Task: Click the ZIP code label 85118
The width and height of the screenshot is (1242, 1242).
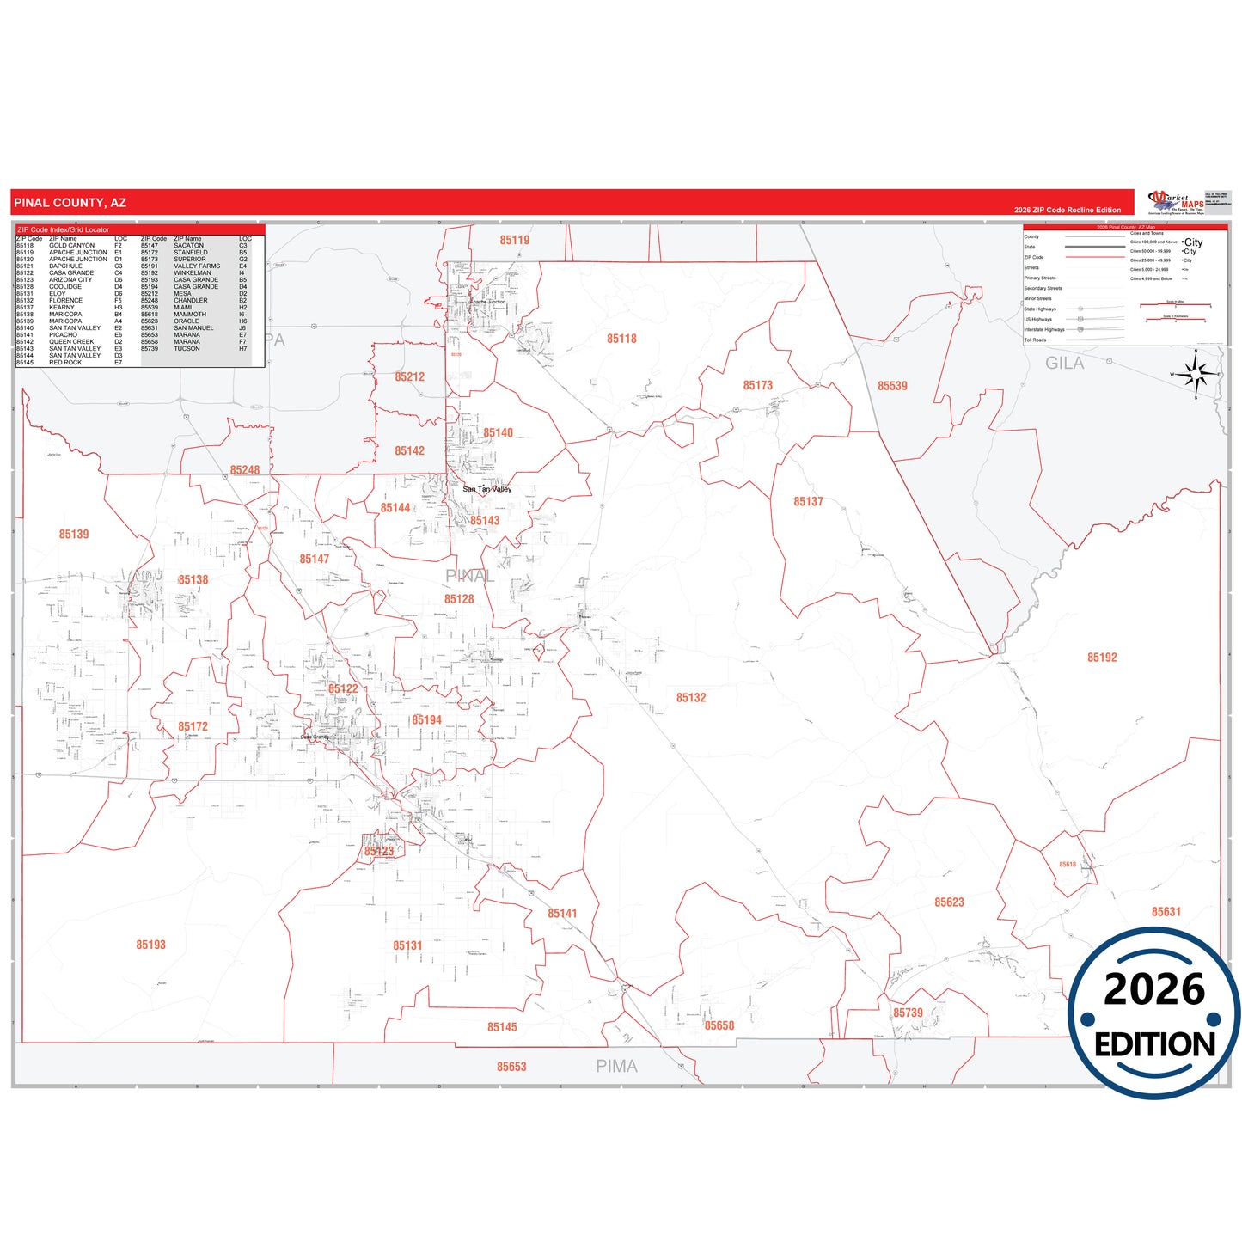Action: click(621, 339)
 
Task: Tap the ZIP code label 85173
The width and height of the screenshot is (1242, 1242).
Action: click(757, 385)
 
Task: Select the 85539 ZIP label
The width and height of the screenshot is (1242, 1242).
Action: click(892, 386)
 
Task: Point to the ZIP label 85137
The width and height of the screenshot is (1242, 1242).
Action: click(808, 501)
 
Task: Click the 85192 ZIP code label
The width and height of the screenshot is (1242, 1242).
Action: click(1102, 658)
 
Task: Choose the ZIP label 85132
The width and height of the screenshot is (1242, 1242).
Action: click(691, 698)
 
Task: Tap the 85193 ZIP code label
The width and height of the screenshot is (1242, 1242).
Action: click(150, 945)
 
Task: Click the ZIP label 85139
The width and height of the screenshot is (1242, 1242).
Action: click(74, 535)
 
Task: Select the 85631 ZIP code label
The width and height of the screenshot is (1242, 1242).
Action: click(1166, 912)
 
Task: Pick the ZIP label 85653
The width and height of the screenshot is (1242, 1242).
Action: click(511, 1067)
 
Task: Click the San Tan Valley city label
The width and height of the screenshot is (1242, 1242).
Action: click(487, 489)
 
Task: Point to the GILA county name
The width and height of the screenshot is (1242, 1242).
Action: click(1064, 364)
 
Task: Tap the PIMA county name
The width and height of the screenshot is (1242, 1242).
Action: click(617, 1067)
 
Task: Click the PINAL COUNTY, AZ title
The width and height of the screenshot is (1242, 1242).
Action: click(70, 203)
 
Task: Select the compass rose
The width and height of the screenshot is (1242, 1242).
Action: click(1196, 375)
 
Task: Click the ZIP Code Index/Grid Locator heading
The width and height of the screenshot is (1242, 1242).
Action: click(64, 229)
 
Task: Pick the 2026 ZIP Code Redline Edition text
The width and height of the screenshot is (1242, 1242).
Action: click(1067, 210)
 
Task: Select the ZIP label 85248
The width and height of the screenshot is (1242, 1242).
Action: click(245, 470)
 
